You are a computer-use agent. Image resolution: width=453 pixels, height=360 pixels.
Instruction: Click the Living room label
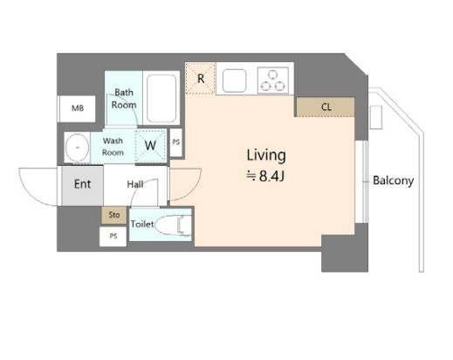[266, 156]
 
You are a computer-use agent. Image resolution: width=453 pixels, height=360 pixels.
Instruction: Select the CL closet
[326, 107]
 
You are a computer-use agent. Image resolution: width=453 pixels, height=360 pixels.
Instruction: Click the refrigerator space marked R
[201, 79]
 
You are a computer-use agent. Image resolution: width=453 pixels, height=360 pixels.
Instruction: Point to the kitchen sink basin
[234, 80]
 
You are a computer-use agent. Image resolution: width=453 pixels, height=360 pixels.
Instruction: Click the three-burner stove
[273, 80]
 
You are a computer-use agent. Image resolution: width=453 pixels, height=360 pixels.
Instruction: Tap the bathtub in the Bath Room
[161, 99]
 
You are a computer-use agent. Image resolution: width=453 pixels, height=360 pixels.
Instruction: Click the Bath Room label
[124, 99]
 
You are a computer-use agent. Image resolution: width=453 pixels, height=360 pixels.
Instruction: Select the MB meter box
[77, 108]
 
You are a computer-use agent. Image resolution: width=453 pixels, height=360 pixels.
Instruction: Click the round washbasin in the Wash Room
[78, 147]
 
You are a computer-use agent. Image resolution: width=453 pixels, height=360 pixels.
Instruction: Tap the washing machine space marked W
[150, 145]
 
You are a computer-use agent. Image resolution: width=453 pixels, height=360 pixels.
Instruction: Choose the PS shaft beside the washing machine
[175, 142]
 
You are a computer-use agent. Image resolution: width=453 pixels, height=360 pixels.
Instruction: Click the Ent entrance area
[82, 185]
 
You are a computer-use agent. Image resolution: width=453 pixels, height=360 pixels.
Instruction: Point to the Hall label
[135, 184]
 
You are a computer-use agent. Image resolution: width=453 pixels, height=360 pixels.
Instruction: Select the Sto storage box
[113, 215]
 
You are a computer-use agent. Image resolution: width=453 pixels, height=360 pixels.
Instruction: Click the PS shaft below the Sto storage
[113, 236]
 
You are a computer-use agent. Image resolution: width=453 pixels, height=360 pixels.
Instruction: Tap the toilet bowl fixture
[173, 225]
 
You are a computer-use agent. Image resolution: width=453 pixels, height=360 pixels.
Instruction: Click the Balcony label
[393, 181]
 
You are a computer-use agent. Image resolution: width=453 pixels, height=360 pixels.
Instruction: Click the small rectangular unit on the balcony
[375, 117]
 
